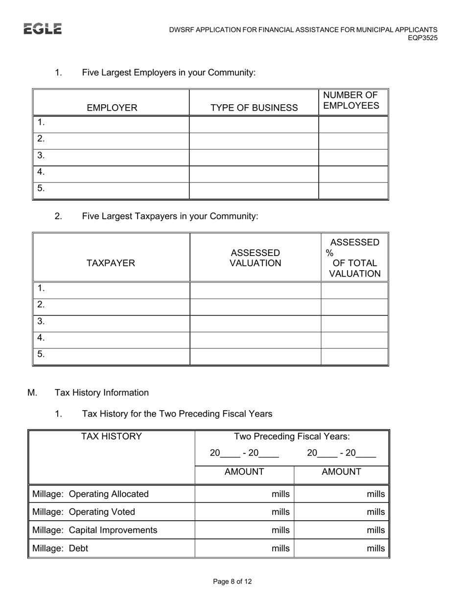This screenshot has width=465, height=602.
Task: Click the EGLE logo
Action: pyautogui.click(x=43, y=29)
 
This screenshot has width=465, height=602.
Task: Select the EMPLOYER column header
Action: pyautogui.click(x=112, y=108)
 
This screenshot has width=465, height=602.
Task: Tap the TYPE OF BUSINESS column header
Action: pyautogui.click(x=254, y=108)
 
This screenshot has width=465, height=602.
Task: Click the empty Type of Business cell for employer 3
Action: pyautogui.click(x=254, y=158)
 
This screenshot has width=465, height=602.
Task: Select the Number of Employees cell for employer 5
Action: pyautogui.click(x=353, y=190)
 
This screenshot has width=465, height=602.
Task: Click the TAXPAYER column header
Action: pyautogui.click(x=111, y=263)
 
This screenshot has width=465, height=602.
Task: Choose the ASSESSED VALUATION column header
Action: pyautogui.click(x=256, y=258)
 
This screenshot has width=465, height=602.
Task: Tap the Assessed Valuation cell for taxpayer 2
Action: pyautogui.click(x=255, y=307)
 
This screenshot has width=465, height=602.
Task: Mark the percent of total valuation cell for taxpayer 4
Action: pyautogui.click(x=354, y=340)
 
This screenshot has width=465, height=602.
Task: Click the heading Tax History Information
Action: pyautogui.click(x=102, y=393)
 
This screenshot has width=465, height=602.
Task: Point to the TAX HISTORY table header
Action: pyautogui.click(x=112, y=436)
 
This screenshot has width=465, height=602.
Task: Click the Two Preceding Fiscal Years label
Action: pyautogui.click(x=292, y=436)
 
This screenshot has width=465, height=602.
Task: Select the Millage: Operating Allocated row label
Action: pyautogui.click(x=91, y=494)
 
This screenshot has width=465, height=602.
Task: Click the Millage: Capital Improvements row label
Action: pyautogui.click(x=95, y=530)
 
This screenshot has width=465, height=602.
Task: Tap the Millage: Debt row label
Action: pyautogui.click(x=60, y=548)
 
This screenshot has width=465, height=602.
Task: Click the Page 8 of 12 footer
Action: pyautogui.click(x=232, y=581)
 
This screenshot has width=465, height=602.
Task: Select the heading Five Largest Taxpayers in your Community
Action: pyautogui.click(x=170, y=216)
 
